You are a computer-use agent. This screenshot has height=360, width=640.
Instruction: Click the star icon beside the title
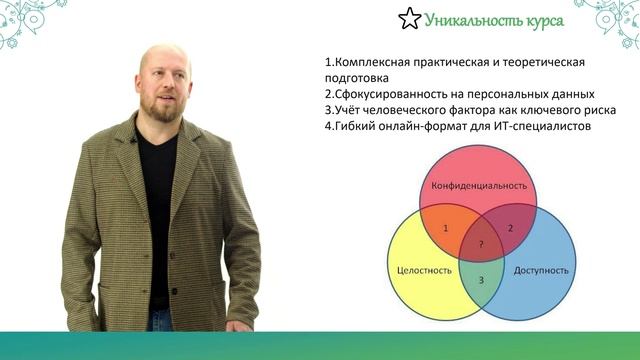409,19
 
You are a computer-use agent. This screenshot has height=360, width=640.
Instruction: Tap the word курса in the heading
545,21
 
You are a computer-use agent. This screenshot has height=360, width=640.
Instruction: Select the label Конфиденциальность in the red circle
479,186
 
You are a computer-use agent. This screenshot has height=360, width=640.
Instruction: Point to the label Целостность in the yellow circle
424,271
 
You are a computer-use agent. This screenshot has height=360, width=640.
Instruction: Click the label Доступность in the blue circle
541,271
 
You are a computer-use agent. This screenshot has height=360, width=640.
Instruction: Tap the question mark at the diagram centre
481,244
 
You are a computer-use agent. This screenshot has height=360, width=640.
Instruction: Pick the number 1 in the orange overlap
445,229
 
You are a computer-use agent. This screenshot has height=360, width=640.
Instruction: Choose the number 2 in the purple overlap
510,229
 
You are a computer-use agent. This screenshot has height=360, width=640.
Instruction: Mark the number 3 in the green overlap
481,280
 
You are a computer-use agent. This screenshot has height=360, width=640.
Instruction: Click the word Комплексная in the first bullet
373,62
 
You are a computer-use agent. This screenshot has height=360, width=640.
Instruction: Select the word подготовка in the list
357,78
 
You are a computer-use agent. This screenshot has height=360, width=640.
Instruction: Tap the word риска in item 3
599,110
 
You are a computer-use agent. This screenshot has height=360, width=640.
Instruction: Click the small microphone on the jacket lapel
133,140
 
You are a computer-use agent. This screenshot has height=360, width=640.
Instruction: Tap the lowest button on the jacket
175,291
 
